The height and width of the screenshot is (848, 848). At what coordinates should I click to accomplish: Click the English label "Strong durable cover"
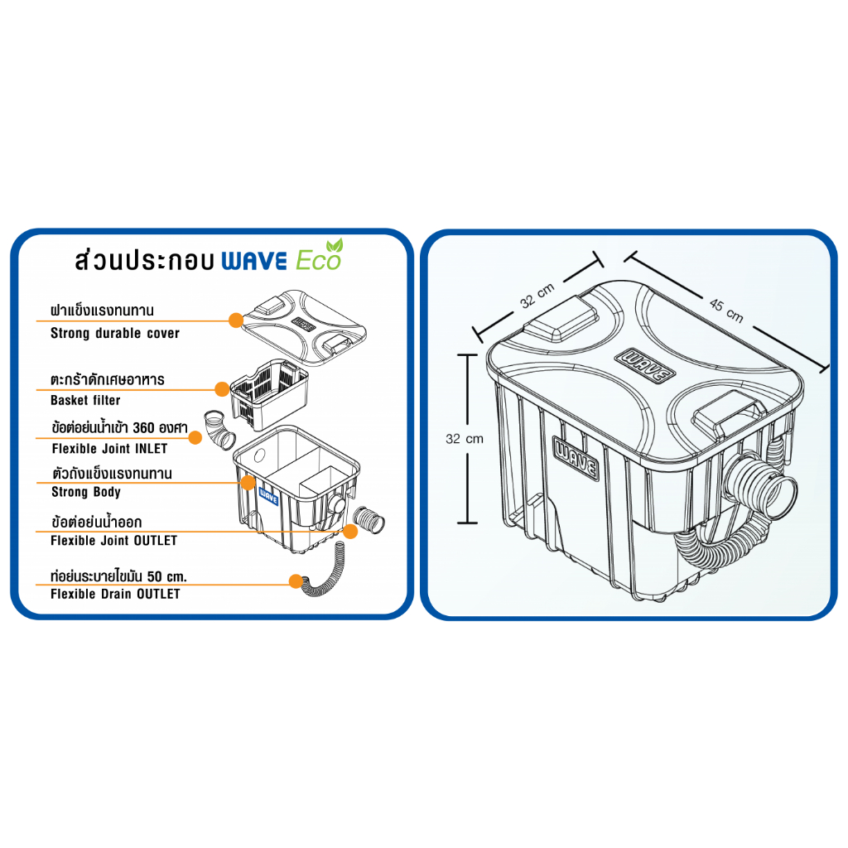pos(114,333)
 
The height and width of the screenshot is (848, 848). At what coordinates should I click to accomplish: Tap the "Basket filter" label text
pos(85,400)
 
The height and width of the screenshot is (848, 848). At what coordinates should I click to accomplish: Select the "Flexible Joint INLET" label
pos(110,448)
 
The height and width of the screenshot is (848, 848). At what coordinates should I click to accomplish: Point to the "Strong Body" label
pos(86,492)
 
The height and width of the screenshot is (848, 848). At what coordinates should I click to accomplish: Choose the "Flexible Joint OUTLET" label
pos(113,540)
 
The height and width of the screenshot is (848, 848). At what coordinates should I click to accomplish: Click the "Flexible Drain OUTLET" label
pos(115,594)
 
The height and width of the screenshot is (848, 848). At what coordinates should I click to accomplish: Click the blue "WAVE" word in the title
pos(254,261)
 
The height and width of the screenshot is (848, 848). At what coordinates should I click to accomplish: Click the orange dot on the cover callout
pos(236,320)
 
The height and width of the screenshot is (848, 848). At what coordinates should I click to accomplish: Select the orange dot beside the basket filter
pos(222,389)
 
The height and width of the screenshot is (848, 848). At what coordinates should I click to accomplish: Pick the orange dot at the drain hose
pos(296,581)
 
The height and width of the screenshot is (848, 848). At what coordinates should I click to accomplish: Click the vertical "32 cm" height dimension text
pos(465,439)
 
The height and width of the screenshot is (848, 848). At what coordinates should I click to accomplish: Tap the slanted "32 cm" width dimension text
pos(537,296)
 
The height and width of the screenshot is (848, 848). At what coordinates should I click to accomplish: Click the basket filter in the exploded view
pos(269,394)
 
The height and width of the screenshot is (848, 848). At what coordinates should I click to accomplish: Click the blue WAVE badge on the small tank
pos(269,496)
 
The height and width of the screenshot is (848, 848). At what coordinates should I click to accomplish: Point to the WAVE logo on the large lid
pos(644,365)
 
